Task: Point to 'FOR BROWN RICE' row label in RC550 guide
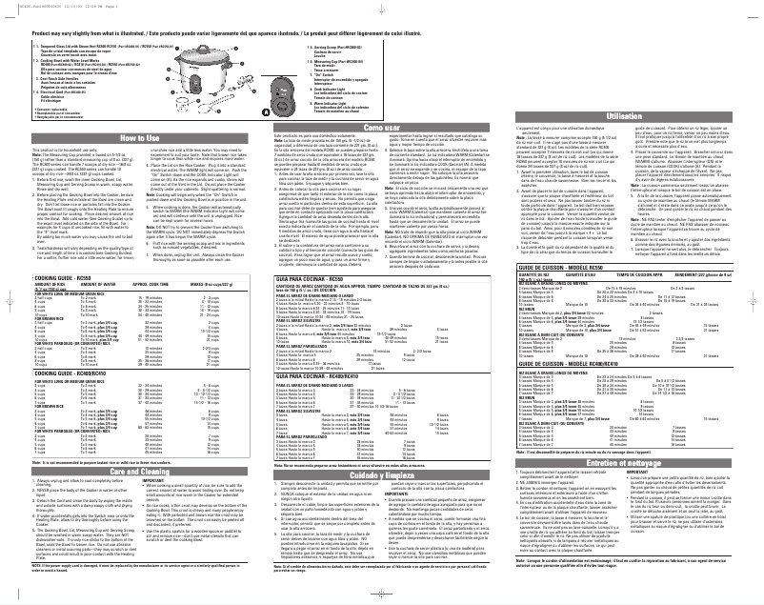tap(25, 317)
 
